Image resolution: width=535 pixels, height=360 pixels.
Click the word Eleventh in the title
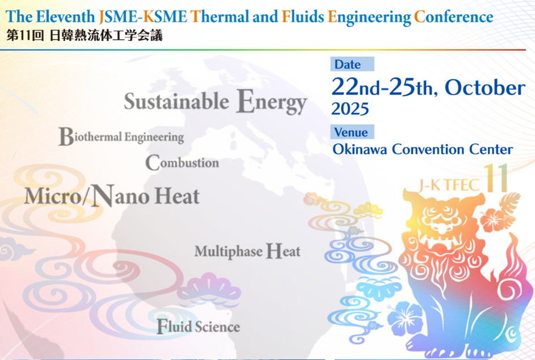point(65,16)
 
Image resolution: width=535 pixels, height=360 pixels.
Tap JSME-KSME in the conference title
point(142,16)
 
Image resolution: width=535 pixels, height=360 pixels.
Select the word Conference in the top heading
point(453,17)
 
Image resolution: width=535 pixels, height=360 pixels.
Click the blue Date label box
point(352,64)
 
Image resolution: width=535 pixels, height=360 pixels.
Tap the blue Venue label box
point(352,132)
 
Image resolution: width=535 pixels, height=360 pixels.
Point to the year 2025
point(350,109)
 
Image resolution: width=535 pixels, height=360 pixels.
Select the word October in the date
point(485,88)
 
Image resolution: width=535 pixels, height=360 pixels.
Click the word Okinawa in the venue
point(360,149)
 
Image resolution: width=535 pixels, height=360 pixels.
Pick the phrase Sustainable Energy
point(215,102)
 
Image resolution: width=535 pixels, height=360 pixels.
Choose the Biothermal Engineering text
point(121,137)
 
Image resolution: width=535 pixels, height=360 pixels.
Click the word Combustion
point(182,162)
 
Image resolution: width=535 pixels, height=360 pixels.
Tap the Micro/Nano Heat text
point(112,196)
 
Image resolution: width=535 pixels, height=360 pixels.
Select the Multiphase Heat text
point(247,252)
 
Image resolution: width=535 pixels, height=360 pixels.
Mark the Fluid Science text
point(198,326)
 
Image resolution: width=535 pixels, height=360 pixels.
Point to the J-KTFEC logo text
point(449,185)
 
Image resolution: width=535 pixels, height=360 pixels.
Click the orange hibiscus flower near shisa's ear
point(493,219)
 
